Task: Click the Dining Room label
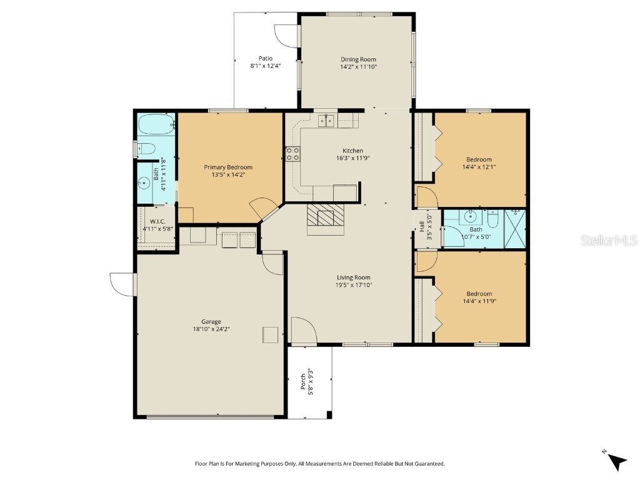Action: (x=358, y=59)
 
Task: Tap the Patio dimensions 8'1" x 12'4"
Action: (x=266, y=66)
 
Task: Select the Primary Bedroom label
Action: (x=228, y=167)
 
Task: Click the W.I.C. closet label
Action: (x=157, y=221)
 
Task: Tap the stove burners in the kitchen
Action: (x=292, y=154)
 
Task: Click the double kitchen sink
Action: (x=325, y=121)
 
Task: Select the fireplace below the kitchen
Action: (x=325, y=218)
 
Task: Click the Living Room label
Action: (x=354, y=277)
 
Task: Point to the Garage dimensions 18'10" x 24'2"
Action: (x=211, y=329)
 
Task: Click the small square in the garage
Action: (x=270, y=335)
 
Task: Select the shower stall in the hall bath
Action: (x=515, y=229)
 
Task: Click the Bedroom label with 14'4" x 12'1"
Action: (x=479, y=159)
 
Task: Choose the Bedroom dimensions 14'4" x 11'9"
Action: (x=479, y=301)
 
